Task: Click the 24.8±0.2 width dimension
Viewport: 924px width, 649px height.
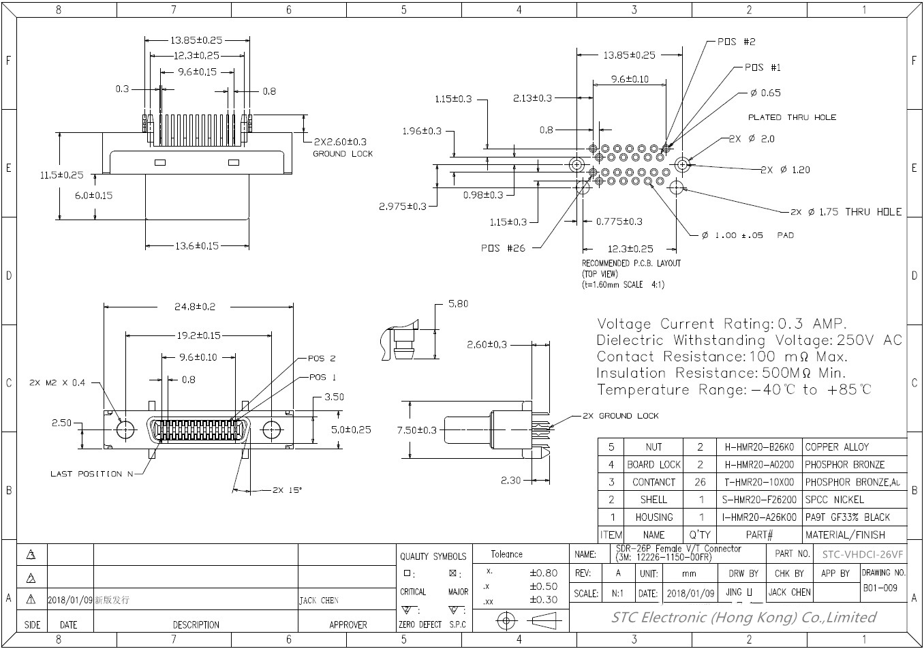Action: click(194, 307)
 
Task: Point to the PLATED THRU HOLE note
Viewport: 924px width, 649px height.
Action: click(792, 117)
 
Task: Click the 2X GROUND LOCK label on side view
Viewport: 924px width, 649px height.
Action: click(620, 415)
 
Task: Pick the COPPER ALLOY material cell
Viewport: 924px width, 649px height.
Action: click(837, 447)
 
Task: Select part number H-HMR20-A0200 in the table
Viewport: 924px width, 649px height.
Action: click(759, 465)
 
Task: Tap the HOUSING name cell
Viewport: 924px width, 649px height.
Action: click(653, 517)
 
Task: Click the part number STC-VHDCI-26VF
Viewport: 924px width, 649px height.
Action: click(863, 554)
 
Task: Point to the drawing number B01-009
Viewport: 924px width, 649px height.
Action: click(880, 588)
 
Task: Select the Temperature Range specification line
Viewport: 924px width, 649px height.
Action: click(733, 390)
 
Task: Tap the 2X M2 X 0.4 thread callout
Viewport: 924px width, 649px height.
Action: click(57, 382)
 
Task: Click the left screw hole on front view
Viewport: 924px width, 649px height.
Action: click(125, 430)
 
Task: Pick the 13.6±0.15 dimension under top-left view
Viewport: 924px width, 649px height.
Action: click(196, 245)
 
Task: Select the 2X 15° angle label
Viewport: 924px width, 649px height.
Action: click(287, 489)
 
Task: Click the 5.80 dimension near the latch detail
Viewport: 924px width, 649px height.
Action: click(458, 304)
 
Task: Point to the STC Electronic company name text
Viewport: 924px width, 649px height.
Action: click(743, 618)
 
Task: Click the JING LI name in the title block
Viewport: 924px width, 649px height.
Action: click(740, 592)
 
